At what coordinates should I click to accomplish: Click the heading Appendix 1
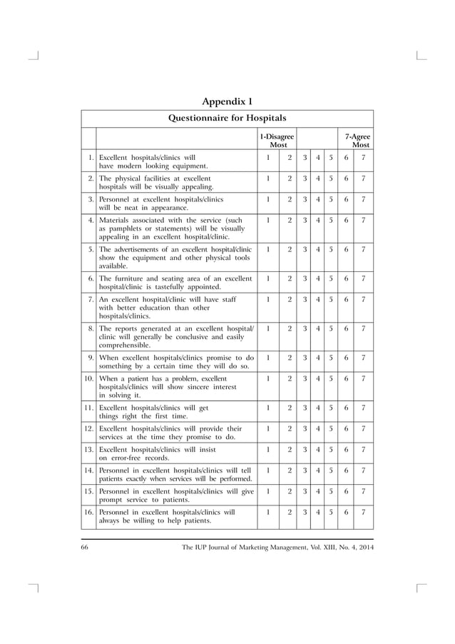tap(227, 100)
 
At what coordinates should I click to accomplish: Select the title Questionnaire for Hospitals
tap(227, 118)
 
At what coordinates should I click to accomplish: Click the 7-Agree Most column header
tap(358, 140)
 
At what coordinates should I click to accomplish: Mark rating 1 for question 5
tap(267, 249)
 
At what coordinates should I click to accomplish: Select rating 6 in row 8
tap(347, 328)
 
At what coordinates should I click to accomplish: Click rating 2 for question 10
tap(289, 378)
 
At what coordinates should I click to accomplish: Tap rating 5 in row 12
tap(332, 428)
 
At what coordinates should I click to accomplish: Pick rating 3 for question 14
tap(305, 471)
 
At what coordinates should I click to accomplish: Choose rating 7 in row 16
tap(364, 512)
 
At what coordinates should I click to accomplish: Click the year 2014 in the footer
tap(363, 548)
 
